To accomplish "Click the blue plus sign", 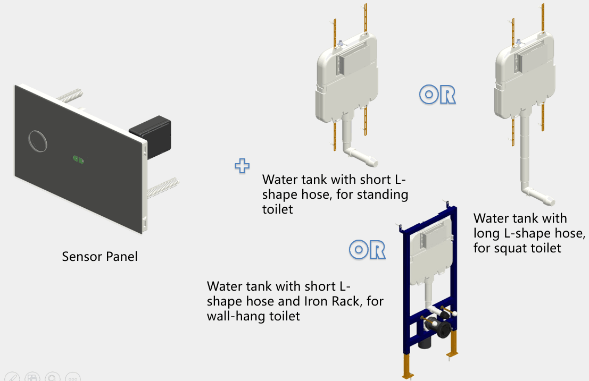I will coord(242,166).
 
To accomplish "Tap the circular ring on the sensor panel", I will coord(38,141).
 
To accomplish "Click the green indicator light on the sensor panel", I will coord(78,158).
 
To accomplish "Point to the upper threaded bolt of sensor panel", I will coord(70,97).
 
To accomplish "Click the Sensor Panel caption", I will coord(99,257).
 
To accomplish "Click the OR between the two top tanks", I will coord(437,95).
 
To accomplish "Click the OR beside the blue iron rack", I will coord(367,249).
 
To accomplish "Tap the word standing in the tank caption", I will coord(381,194).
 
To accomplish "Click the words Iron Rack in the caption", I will coord(338,301).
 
